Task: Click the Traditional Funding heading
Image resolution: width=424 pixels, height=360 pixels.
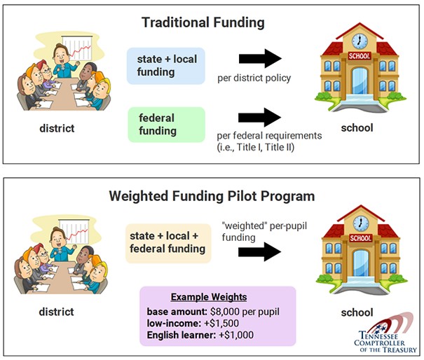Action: pyautogui.click(x=203, y=22)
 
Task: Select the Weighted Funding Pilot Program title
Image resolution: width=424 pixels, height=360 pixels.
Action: pyautogui.click(x=212, y=196)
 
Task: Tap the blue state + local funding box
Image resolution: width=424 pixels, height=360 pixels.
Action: pyautogui.click(x=166, y=66)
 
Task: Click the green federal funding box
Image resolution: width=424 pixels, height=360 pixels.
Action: pyautogui.click(x=166, y=125)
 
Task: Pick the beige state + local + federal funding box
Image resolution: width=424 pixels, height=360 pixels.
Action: pyautogui.click(x=168, y=244)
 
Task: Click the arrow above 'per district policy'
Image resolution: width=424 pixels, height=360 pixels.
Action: pyautogui.click(x=260, y=58)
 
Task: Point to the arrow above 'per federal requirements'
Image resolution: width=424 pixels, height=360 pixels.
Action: pyautogui.click(x=259, y=117)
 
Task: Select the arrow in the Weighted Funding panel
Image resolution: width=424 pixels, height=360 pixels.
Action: pyautogui.click(x=259, y=251)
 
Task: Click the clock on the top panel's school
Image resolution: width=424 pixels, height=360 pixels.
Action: pyautogui.click(x=360, y=41)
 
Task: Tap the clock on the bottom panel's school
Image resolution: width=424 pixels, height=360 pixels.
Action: pyautogui.click(x=361, y=223)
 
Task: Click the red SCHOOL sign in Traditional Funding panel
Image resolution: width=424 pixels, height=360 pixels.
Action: pyautogui.click(x=360, y=56)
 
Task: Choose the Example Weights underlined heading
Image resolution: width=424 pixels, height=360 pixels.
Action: pyautogui.click(x=209, y=297)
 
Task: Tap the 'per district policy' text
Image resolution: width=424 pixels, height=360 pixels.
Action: pyautogui.click(x=254, y=78)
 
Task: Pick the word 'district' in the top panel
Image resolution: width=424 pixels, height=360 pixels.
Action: pyautogui.click(x=57, y=128)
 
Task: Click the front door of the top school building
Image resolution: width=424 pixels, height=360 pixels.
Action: pyautogui.click(x=360, y=81)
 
